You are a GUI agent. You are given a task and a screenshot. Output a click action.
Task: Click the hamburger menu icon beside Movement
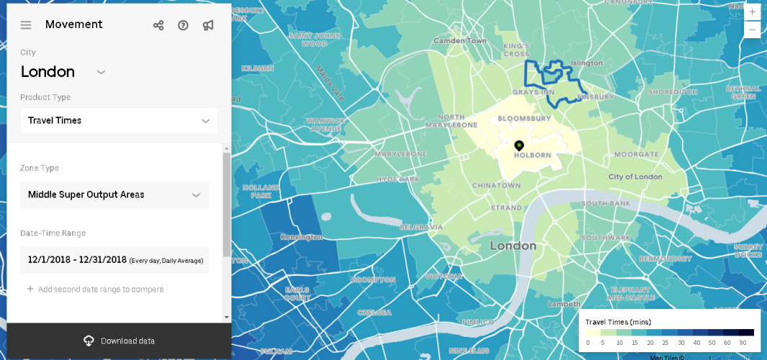pyautogui.click(x=26, y=25)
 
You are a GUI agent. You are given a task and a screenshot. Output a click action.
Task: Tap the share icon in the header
pyautogui.click(x=158, y=25)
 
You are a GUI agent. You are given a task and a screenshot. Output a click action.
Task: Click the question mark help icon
pyautogui.click(x=183, y=25)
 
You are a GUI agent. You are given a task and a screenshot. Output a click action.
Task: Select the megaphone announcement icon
pyautogui.click(x=208, y=25)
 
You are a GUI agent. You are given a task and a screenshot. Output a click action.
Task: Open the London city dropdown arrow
pyautogui.click(x=101, y=72)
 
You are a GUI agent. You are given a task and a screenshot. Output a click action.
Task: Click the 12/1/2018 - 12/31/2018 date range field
pyautogui.click(x=115, y=260)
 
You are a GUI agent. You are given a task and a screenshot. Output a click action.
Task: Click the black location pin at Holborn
pyautogui.click(x=519, y=145)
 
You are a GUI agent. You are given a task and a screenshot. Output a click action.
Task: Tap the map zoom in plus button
pyautogui.click(x=753, y=12)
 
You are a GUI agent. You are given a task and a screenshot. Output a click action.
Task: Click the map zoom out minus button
pyautogui.click(x=753, y=30)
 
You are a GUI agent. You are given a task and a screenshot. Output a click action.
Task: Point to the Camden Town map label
pyautogui.click(x=459, y=41)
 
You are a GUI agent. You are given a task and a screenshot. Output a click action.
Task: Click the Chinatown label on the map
pyautogui.click(x=496, y=186)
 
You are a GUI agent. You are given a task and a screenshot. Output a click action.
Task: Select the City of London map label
pyautogui.click(x=634, y=176)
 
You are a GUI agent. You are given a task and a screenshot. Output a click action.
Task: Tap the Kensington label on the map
pyautogui.click(x=301, y=237)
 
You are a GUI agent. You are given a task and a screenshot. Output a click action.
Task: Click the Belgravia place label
pyautogui.click(x=421, y=227)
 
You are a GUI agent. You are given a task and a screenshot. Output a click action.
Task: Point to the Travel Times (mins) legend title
pyautogui.click(x=618, y=322)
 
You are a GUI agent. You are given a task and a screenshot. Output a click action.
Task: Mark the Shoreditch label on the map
pyautogui.click(x=673, y=92)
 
